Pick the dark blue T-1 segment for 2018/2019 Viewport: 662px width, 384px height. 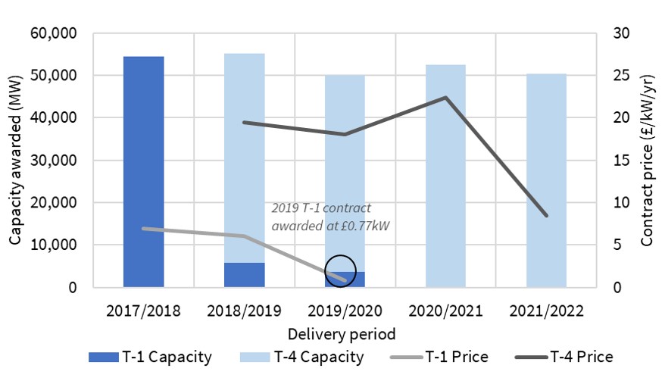[245, 275]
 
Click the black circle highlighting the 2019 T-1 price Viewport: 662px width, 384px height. [340, 270]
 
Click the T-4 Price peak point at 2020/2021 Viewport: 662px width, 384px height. [445, 98]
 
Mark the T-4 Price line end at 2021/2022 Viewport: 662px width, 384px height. [546, 216]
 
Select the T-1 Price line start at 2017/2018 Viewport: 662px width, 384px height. [144, 229]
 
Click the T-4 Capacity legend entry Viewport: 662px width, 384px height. [304, 357]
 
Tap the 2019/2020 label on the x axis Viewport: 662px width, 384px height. [345, 311]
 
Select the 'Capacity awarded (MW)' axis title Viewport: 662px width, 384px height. [16, 161]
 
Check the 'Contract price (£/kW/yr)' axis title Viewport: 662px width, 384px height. [646, 161]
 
